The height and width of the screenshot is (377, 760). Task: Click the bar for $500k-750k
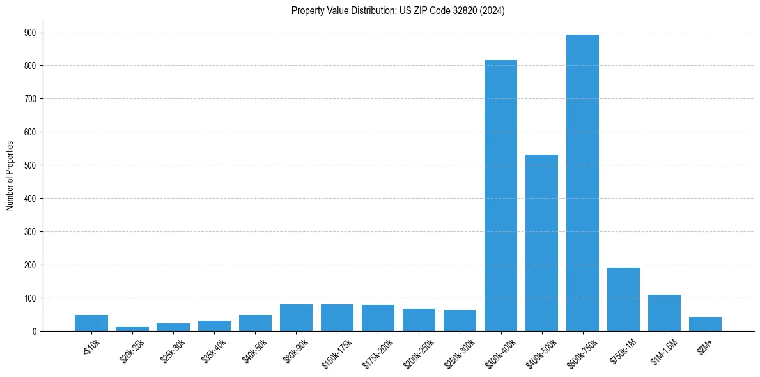click(x=582, y=183)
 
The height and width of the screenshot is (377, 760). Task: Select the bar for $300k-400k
click(x=500, y=196)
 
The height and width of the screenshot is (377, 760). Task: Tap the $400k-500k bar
click(x=541, y=243)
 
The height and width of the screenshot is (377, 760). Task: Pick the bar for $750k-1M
click(x=623, y=299)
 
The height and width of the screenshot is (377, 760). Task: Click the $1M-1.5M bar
click(x=664, y=313)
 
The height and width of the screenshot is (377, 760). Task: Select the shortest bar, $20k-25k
click(x=132, y=328)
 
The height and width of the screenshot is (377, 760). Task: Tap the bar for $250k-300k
click(x=460, y=320)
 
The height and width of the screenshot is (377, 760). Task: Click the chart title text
click(x=398, y=11)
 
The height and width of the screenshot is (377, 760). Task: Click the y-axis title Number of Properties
click(x=10, y=176)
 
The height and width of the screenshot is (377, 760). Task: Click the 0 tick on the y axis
click(x=33, y=331)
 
